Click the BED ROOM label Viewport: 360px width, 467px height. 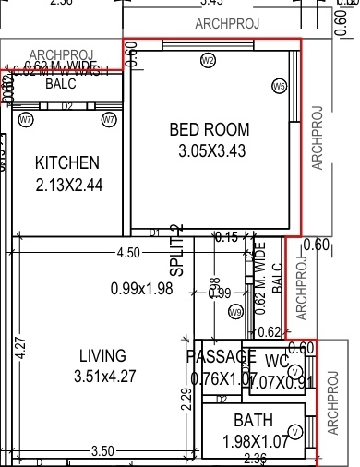(210, 129)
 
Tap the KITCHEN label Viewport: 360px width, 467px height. (66, 163)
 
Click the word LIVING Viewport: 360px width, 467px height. (102, 356)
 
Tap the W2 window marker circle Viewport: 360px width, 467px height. (208, 61)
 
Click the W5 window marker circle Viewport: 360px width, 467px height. (280, 86)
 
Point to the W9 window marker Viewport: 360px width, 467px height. (235, 313)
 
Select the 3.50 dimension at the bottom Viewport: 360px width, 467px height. (102, 451)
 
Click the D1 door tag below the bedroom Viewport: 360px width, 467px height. (154, 233)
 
